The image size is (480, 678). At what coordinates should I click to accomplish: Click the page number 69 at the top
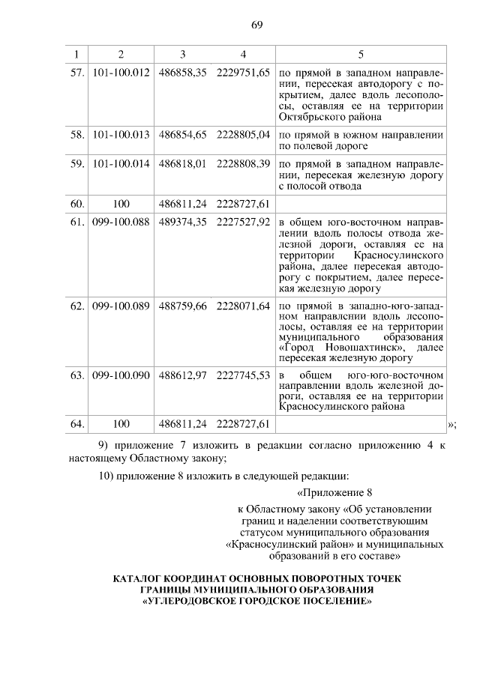(x=256, y=25)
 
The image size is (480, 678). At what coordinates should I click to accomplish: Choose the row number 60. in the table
(x=76, y=203)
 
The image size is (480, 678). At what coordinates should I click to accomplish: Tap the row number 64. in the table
(x=76, y=424)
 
